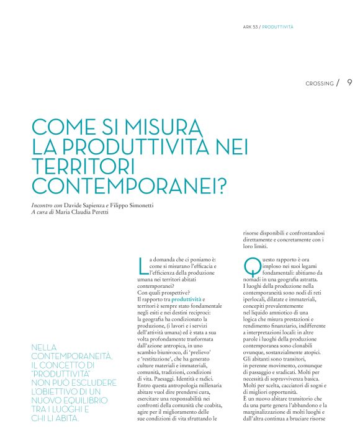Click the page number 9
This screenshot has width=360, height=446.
coord(349,83)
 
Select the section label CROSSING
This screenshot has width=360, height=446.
coord(319,83)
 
